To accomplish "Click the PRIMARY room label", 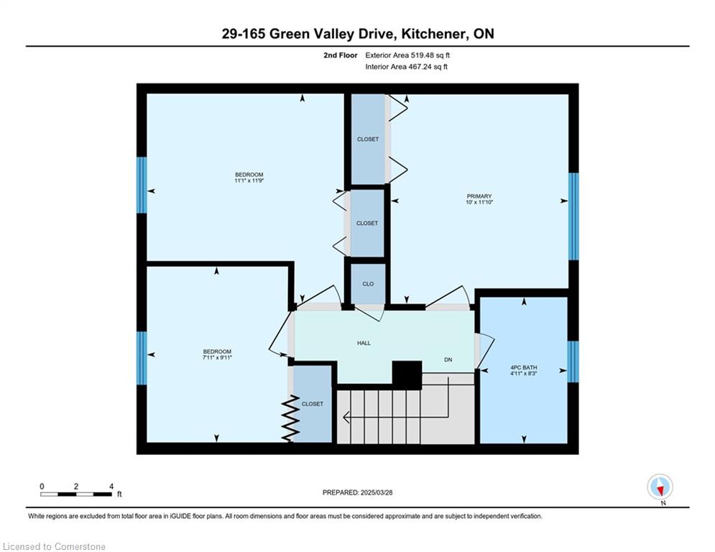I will coord(479,195).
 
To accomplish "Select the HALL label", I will coord(364,343).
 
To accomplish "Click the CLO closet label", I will coord(368,284).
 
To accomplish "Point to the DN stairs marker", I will coord(448,360).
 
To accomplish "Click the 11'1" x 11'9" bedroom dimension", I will coord(249,181).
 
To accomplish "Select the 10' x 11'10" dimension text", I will coord(479,203).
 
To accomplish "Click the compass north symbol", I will coord(659,487).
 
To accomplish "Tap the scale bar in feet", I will coord(76,494).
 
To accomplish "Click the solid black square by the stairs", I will coord(406,374).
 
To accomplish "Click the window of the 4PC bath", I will coord(573,362).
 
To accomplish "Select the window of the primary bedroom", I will coord(573,216).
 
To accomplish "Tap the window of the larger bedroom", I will coord(142,185).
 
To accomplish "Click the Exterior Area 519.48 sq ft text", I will coord(407,55).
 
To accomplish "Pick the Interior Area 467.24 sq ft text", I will coord(407,67).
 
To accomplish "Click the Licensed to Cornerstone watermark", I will coord(55,547).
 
